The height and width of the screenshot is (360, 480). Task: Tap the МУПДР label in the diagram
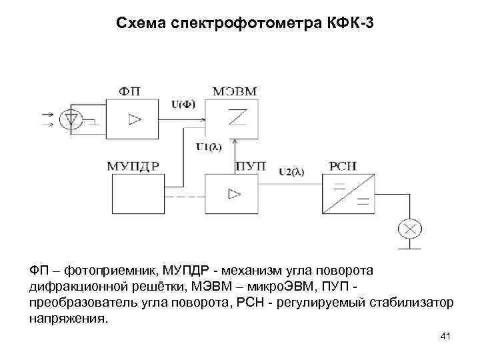(133, 166)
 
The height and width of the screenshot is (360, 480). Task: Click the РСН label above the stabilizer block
(344, 166)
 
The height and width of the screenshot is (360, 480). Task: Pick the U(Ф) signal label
(183, 103)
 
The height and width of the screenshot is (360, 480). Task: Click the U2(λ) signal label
(291, 171)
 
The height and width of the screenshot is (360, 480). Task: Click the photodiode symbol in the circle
(70, 119)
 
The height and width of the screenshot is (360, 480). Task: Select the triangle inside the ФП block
(135, 119)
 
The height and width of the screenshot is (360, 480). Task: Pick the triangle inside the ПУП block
(233, 193)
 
